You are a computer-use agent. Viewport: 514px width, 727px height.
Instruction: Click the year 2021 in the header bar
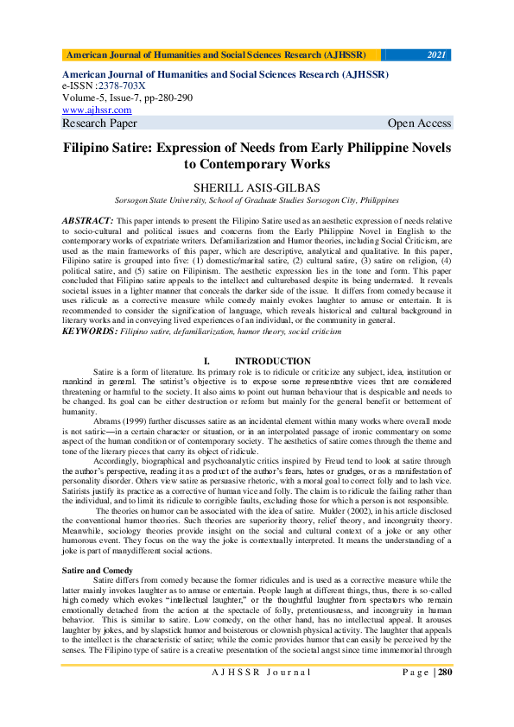[x=436, y=55]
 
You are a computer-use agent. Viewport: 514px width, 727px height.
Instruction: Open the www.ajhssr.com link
[x=97, y=110]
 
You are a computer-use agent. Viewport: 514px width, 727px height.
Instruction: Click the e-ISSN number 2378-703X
[x=122, y=86]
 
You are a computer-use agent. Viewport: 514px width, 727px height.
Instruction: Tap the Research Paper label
[x=100, y=123]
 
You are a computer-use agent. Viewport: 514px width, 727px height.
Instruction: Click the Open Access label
[x=419, y=123]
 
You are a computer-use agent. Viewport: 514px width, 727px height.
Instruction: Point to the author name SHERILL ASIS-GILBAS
[x=257, y=186]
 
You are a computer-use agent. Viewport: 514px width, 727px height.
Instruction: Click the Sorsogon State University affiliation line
[x=257, y=199]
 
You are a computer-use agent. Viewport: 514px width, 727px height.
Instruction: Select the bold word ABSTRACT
[x=88, y=221]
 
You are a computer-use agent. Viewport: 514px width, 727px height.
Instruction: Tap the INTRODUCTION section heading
[x=273, y=361]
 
